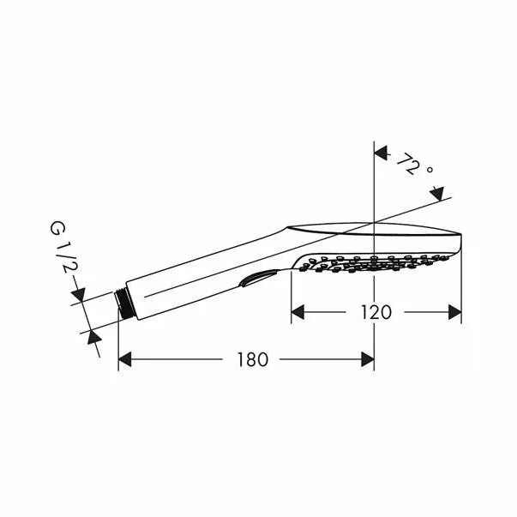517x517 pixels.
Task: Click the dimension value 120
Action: pyautogui.click(x=376, y=312)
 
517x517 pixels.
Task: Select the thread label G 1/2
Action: pyautogui.click(x=57, y=248)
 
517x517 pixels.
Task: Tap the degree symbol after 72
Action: pyautogui.click(x=430, y=171)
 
